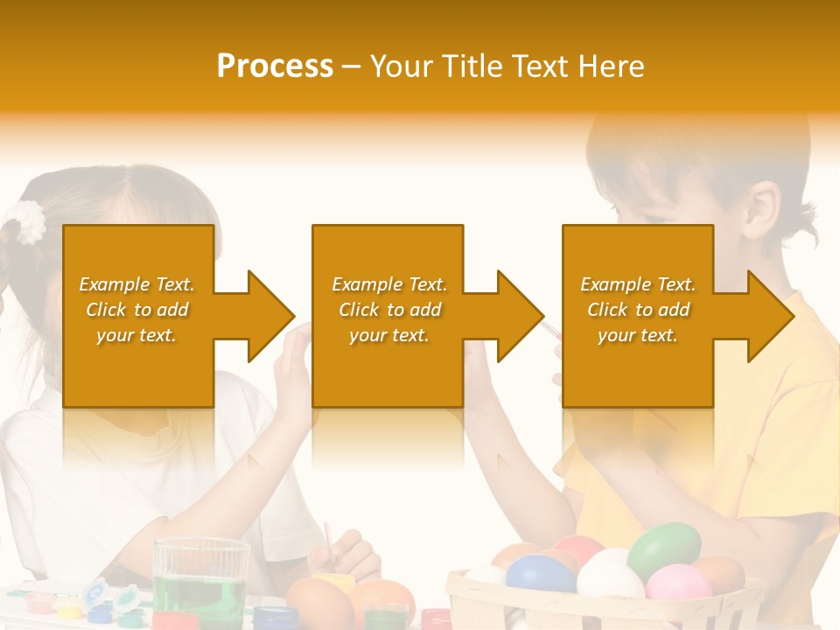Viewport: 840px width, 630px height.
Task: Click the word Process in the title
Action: (x=275, y=66)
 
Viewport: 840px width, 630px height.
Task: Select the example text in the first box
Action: (x=136, y=310)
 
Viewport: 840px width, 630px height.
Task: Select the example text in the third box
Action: (x=638, y=310)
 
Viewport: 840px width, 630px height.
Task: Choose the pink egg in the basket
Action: (x=679, y=583)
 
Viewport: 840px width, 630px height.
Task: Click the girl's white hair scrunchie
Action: (x=31, y=222)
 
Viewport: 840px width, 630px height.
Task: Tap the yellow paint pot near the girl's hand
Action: (x=332, y=582)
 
